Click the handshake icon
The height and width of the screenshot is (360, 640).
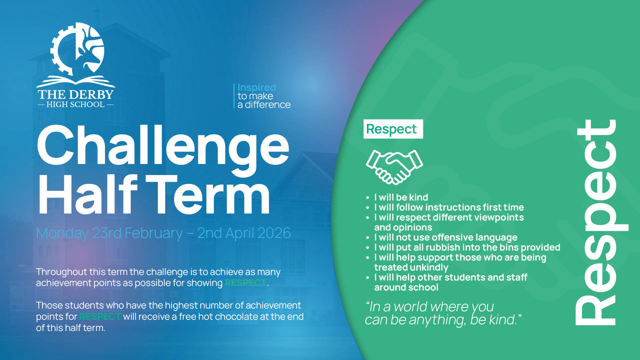[394, 167]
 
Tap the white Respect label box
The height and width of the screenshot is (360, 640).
[393, 129]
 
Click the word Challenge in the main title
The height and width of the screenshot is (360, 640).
[163, 147]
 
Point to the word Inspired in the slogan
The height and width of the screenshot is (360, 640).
[257, 87]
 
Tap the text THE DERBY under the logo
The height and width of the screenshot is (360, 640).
[76, 94]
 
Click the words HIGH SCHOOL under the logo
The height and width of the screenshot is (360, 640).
[76, 104]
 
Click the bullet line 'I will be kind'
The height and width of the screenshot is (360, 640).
[401, 197]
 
